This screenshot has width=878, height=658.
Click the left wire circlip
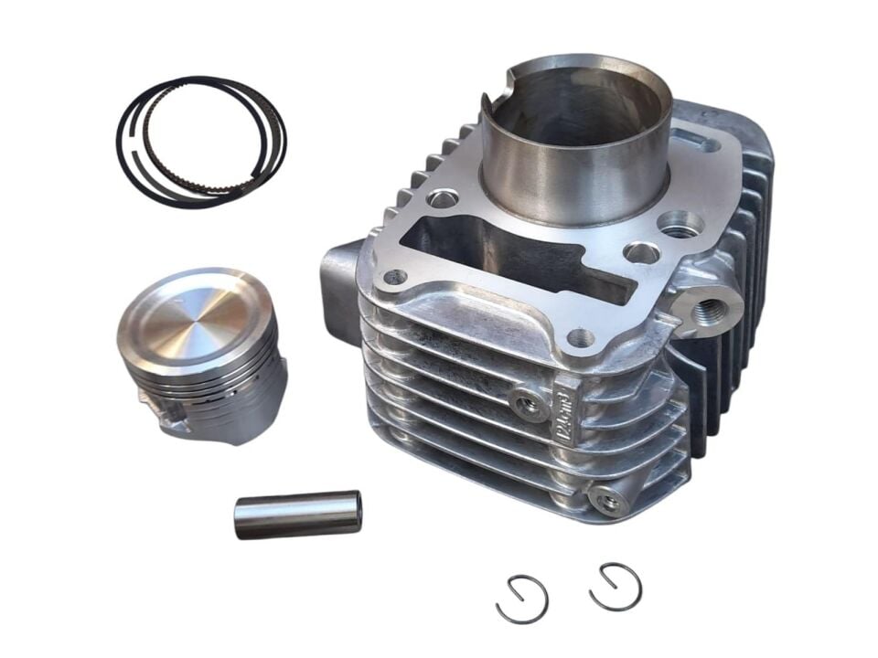(521, 600)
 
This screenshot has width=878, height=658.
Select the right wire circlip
(616, 587)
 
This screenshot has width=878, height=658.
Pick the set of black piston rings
(201, 142)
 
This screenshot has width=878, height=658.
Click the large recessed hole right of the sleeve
(680, 223)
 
